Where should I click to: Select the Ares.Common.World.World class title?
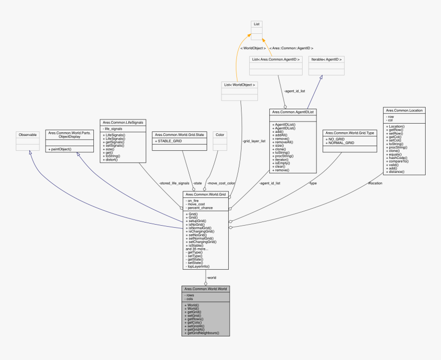click(x=205, y=289)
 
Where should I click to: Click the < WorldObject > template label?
click(x=253, y=48)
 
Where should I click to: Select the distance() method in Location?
click(x=398, y=171)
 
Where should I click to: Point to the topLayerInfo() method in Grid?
click(x=199, y=266)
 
